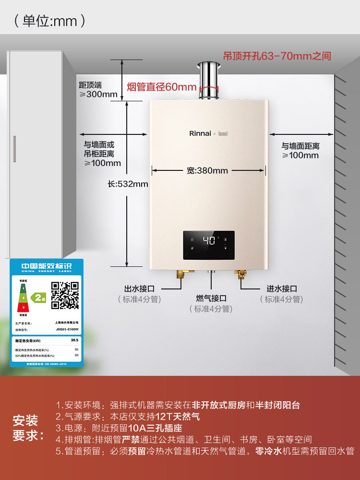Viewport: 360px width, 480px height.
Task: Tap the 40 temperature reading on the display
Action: [x=208, y=240]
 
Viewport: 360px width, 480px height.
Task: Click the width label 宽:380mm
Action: [x=207, y=170]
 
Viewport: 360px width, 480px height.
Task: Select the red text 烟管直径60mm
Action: [x=162, y=87]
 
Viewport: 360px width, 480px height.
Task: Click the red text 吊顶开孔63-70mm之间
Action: [x=277, y=56]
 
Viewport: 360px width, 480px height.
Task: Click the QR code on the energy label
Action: [x=65, y=295]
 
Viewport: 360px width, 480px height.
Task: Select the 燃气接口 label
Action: [x=211, y=299]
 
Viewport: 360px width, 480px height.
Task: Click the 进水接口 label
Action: [x=282, y=288]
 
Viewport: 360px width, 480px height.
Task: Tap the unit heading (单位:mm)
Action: [x=50, y=21]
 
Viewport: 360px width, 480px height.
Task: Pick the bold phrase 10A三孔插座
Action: [x=155, y=428]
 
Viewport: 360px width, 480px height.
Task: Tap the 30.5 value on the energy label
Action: [x=74, y=340]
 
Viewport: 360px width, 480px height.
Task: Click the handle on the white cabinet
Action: [x=14, y=150]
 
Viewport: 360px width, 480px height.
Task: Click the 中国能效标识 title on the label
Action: [x=46, y=265]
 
